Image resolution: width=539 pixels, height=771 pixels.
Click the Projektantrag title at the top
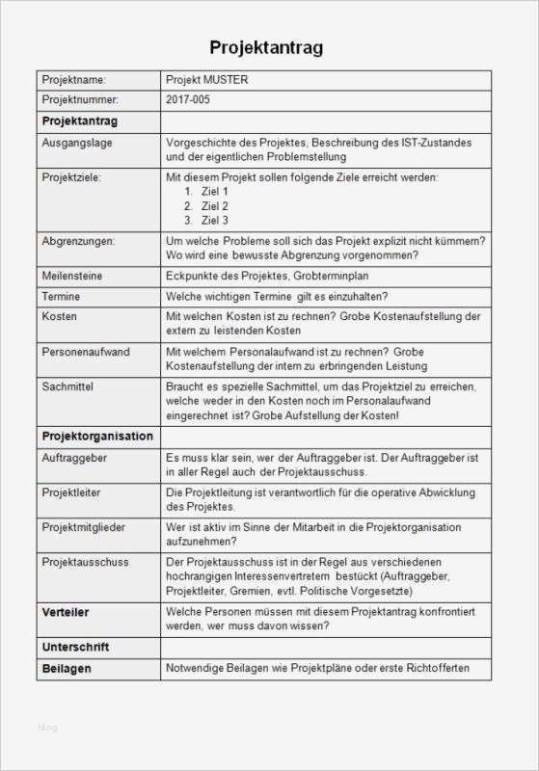(266, 48)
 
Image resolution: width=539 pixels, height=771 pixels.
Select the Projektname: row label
(73, 80)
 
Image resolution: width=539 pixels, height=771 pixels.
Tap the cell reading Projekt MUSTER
(207, 80)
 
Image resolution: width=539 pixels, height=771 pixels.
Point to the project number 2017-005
(187, 100)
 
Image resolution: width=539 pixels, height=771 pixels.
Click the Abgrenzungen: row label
(78, 240)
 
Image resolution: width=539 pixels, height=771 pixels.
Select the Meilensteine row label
(72, 276)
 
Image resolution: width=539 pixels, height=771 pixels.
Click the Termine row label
(62, 296)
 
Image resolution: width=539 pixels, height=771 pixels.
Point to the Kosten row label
(60, 316)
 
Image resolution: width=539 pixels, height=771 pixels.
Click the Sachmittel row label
(67, 385)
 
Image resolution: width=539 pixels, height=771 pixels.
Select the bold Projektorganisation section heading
(97, 436)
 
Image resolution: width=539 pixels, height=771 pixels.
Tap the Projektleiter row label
(71, 492)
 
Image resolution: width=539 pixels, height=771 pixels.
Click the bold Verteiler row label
(66, 611)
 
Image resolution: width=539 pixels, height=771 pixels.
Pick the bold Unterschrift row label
(74, 647)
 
